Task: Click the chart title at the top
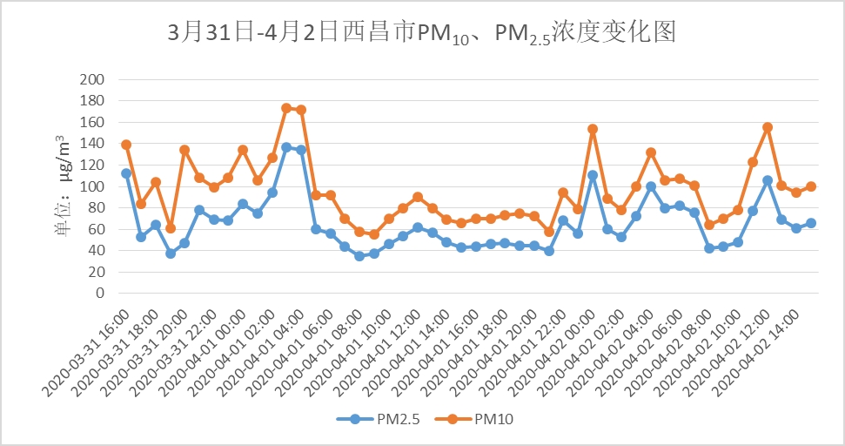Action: point(422,34)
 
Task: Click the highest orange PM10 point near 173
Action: point(286,108)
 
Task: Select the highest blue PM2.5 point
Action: point(286,147)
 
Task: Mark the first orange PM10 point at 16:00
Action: point(126,145)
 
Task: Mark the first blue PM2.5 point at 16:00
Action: point(126,173)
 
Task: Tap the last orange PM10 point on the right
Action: point(811,186)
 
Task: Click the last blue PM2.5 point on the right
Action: point(811,223)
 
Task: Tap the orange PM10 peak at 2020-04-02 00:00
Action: point(593,129)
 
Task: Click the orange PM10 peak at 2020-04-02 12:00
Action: point(768,127)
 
